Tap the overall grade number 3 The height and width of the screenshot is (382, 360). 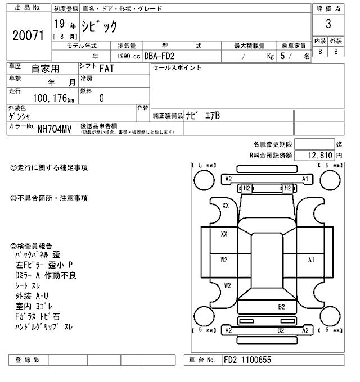[327, 25]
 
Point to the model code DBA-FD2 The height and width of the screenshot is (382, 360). [163, 56]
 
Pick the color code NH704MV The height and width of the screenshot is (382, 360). [55, 129]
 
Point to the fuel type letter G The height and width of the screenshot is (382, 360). [102, 98]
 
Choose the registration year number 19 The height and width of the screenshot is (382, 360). [59, 24]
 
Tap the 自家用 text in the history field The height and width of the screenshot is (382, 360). [44, 69]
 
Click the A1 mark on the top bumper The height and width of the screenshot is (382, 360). [305, 179]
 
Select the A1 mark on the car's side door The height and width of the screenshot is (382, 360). [311, 260]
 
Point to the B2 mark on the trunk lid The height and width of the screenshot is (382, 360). [281, 307]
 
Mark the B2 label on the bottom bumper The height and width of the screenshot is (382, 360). [281, 330]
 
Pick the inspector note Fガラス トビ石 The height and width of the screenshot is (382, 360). [38, 316]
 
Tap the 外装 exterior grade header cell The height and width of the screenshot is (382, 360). [336, 41]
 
